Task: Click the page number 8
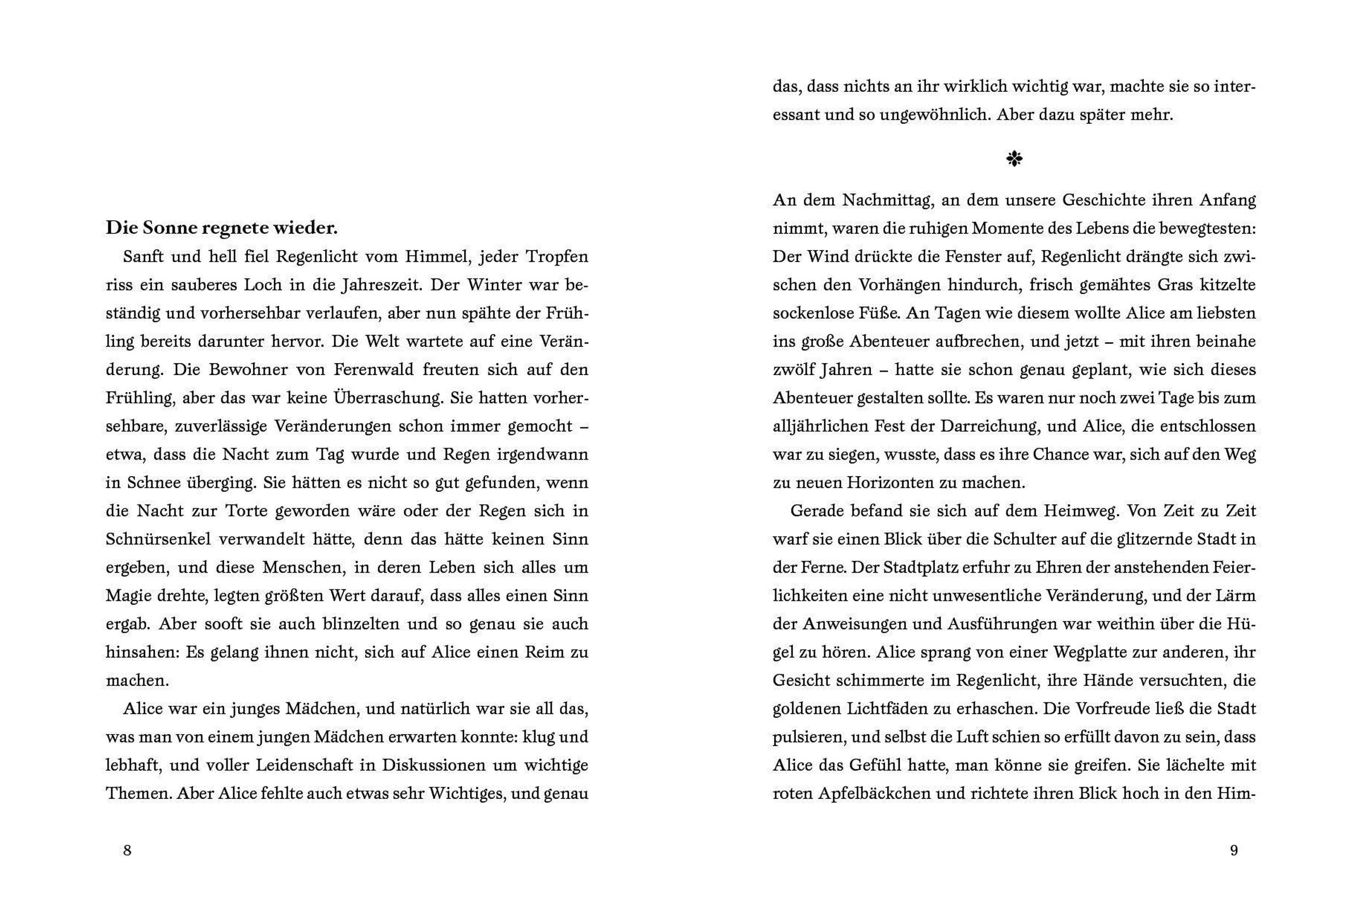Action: (127, 851)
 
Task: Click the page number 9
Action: (1234, 851)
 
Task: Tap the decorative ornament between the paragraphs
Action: (1014, 158)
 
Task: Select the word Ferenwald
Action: (374, 369)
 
